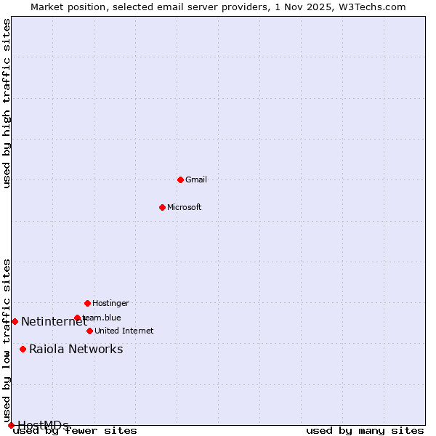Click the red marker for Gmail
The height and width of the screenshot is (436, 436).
coord(180,179)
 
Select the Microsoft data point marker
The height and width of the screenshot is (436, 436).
coord(162,207)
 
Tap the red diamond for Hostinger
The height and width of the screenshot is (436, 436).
coord(87,303)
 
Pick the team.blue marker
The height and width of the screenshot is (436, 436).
coord(77,318)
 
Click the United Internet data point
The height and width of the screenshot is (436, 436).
coord(89,331)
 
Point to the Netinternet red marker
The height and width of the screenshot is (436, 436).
coord(15,321)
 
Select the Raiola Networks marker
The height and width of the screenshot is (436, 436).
coord(23,349)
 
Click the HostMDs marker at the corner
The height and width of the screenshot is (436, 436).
coord(11,425)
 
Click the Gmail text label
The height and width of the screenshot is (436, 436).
coord(196,179)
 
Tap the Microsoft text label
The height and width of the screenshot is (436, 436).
coord(185,207)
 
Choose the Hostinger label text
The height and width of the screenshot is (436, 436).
coord(110,303)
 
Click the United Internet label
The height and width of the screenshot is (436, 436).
coord(124,331)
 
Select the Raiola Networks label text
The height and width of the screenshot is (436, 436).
coord(76,349)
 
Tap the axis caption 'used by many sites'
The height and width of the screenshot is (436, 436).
coord(365,430)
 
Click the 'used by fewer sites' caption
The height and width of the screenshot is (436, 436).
coord(76,430)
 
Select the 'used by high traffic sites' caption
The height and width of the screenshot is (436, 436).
coord(7,103)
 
